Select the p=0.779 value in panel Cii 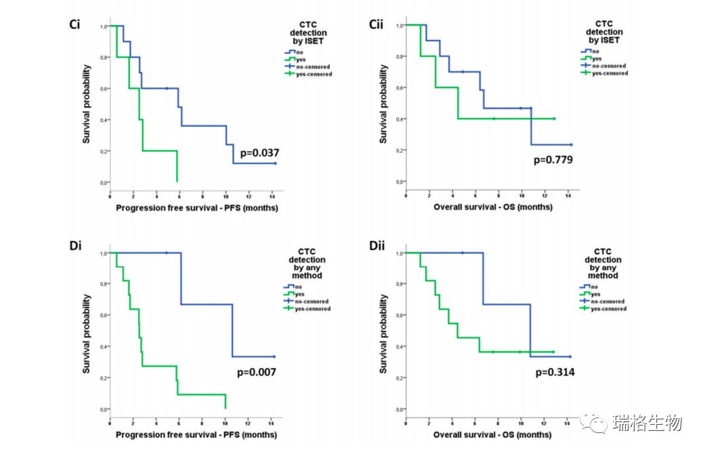tap(553, 160)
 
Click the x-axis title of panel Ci tap(196, 207)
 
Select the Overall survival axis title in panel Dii tap(492, 434)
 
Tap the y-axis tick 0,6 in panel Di tap(103, 316)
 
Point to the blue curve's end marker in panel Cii tap(571, 144)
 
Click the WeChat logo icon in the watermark tap(598, 424)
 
